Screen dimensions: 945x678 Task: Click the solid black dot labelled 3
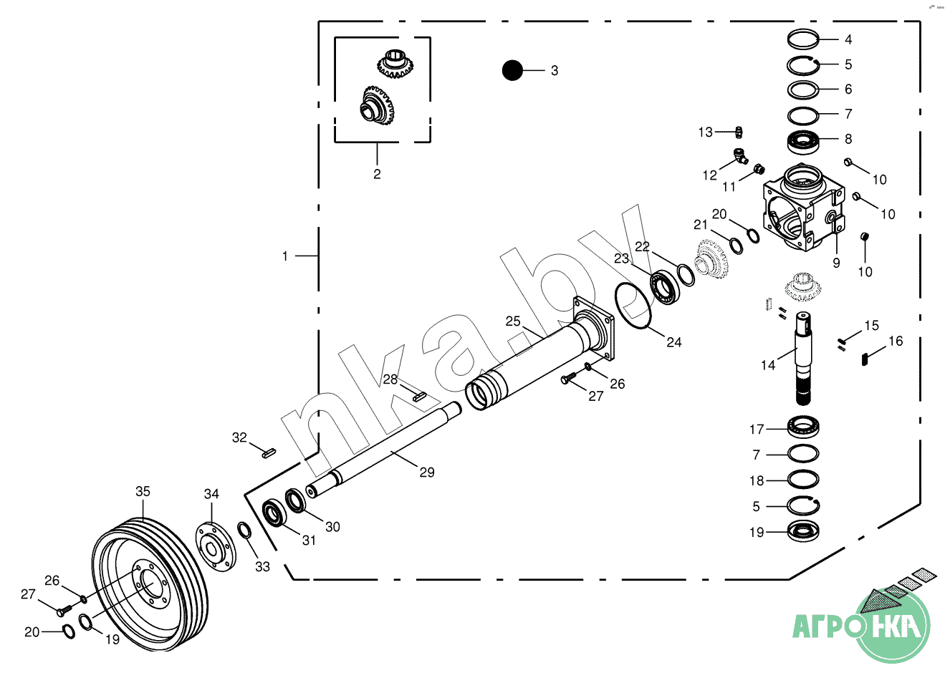click(x=512, y=70)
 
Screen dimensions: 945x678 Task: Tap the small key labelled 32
click(x=268, y=452)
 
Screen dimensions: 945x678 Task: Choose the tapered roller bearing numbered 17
click(x=804, y=429)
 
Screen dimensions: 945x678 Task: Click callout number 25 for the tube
click(x=513, y=321)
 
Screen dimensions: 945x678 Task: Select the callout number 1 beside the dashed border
click(x=285, y=256)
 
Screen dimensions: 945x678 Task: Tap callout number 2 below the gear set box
click(x=377, y=174)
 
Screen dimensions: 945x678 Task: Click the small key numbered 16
click(x=865, y=359)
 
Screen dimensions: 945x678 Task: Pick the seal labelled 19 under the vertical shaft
click(x=803, y=532)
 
